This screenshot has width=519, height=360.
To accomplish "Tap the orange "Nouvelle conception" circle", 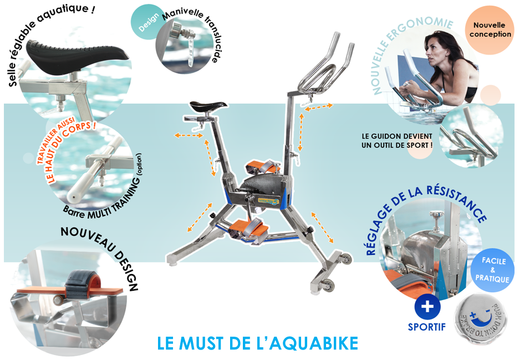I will [x=490, y=29].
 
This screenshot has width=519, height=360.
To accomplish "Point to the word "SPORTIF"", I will [x=426, y=327].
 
